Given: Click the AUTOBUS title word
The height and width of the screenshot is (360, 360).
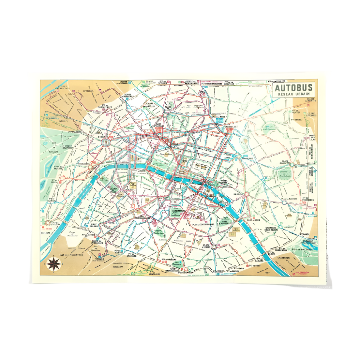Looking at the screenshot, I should tap(294, 88).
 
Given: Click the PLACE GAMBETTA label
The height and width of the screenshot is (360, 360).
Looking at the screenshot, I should tap(280, 162).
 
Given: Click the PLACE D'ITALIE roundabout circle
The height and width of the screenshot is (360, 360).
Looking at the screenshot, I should tap(214, 247).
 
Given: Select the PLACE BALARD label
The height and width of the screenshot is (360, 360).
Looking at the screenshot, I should tap(94, 226).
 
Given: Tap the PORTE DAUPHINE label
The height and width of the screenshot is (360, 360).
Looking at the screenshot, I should tap(68, 147).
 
